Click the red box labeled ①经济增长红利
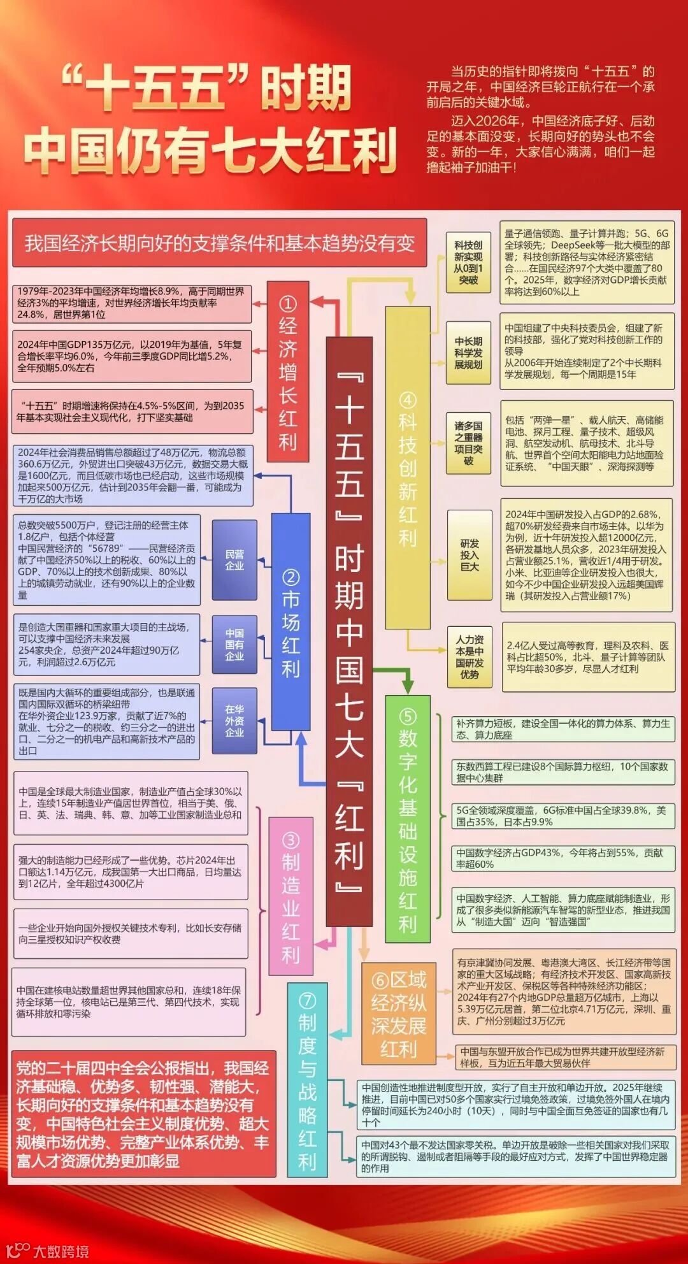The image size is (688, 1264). tap(287, 372)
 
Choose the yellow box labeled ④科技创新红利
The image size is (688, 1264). tap(408, 468)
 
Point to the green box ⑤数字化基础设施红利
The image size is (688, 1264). tap(408, 819)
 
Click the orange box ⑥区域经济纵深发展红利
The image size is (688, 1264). tap(399, 1014)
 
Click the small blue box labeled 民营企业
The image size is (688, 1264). tap(234, 560)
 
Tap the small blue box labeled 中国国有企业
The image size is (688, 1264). tap(234, 644)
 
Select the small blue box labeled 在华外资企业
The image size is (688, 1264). tap(234, 721)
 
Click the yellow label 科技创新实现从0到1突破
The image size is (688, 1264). tap(469, 262)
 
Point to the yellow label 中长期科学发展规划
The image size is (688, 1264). tap(469, 353)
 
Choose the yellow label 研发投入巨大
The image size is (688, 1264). tap(469, 555)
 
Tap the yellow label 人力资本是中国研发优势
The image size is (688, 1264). tap(469, 657)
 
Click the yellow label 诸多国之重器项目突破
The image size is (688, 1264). tap(469, 443)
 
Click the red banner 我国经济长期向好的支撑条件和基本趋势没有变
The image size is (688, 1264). tap(219, 243)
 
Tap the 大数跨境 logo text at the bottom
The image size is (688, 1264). tap(61, 1251)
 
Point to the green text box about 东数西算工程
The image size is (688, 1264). tap(563, 772)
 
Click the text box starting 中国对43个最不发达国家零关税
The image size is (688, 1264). tap(515, 1156)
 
